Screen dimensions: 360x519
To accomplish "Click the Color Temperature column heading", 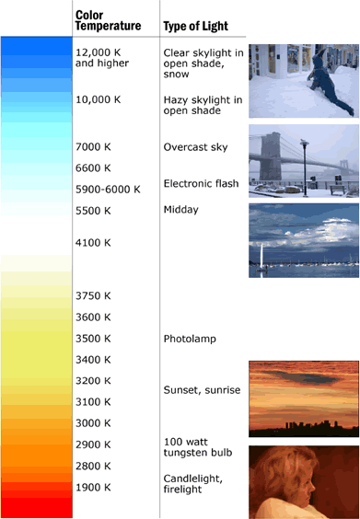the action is [108, 20].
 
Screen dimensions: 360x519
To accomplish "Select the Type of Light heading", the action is [196, 26].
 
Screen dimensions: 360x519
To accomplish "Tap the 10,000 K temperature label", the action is [98, 99].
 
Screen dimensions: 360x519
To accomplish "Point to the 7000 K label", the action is [93, 146].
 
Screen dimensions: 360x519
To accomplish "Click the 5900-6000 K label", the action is [108, 189].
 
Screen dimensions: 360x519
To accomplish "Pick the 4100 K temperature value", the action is [93, 243].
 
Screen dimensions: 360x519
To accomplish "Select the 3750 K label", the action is [93, 295].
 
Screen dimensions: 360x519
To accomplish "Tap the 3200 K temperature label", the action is [93, 381].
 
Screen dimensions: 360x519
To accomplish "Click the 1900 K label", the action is [93, 487].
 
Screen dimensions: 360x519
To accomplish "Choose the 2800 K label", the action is [93, 466].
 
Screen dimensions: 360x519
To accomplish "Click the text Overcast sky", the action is [195, 147].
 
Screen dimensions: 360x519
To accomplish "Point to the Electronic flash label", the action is [201, 183].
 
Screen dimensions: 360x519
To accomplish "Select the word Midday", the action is [180, 210].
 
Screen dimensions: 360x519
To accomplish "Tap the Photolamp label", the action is [190, 339].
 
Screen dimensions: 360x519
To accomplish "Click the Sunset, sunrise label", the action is [202, 390].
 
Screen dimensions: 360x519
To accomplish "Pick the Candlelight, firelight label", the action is [192, 484].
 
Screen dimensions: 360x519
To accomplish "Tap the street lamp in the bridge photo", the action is [305, 167].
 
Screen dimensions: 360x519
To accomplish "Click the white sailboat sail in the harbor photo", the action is [261, 256].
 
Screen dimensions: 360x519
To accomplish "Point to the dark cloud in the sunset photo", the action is [300, 376].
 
